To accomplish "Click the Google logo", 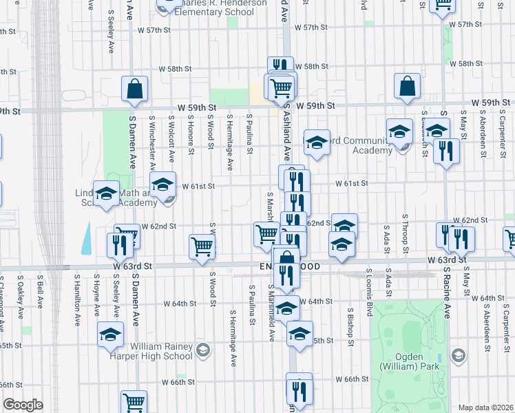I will click(22, 405).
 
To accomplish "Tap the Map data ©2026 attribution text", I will click(485, 407).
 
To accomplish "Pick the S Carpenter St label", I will click(503, 137).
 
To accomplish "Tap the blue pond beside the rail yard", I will click(86, 238).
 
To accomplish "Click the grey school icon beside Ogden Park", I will click(459, 355).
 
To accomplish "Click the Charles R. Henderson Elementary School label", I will click(211, 8).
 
